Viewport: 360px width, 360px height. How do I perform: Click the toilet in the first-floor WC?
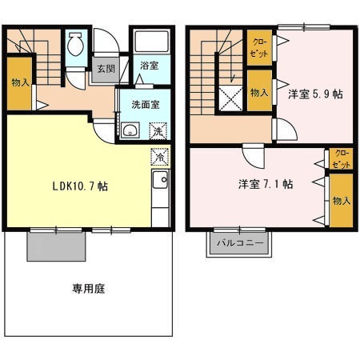click(x=75, y=44)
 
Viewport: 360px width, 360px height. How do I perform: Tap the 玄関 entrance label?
click(x=106, y=69)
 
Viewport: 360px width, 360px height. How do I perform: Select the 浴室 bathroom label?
click(x=150, y=66)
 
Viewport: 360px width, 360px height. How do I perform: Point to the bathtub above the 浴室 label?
click(x=152, y=42)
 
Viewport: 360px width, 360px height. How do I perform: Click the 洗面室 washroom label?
click(x=146, y=105)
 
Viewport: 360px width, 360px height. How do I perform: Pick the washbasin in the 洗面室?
click(x=130, y=130)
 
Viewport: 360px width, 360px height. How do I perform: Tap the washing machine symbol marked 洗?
click(x=158, y=130)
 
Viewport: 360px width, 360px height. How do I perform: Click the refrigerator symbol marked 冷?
click(x=160, y=157)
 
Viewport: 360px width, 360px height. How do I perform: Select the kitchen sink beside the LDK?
click(x=160, y=179)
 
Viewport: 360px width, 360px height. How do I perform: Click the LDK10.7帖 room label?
click(x=80, y=186)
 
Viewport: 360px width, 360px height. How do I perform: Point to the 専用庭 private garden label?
click(x=89, y=289)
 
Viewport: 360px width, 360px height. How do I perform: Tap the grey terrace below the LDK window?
click(x=56, y=246)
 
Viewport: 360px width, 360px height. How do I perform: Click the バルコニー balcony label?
click(x=240, y=243)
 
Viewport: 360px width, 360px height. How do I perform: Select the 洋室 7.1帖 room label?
click(x=266, y=184)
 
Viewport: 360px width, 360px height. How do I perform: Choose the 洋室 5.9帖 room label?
click(x=315, y=94)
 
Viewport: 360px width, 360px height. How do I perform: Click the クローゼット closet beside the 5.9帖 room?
click(x=259, y=48)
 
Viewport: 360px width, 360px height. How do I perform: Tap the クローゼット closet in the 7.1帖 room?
click(x=341, y=158)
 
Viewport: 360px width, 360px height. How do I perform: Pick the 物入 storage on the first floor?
click(x=19, y=83)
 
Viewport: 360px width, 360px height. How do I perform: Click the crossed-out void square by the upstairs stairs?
click(x=230, y=98)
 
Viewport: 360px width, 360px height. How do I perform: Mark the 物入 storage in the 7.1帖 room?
click(x=341, y=201)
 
